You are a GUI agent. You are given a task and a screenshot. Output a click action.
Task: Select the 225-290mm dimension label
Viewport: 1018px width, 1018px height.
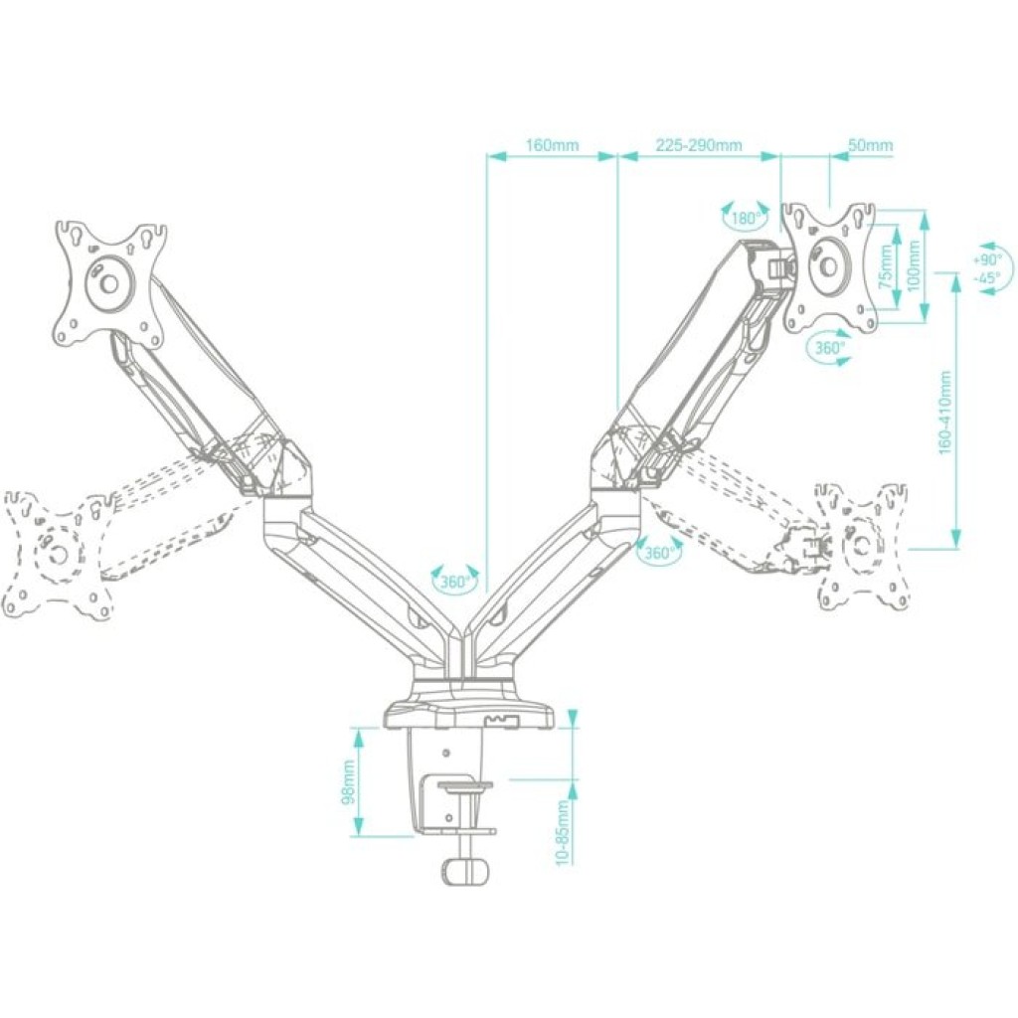click(x=698, y=145)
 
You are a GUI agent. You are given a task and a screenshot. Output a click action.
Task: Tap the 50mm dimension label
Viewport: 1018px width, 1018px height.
click(x=870, y=145)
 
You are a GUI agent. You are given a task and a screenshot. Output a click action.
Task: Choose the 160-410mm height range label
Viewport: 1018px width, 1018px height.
click(x=945, y=413)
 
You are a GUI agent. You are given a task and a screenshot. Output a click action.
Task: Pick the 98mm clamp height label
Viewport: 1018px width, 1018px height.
click(x=348, y=781)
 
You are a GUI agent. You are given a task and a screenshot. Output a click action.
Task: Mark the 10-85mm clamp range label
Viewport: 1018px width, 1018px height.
click(x=563, y=832)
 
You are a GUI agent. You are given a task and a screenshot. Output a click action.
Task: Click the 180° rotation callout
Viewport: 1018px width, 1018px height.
click(x=746, y=218)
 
